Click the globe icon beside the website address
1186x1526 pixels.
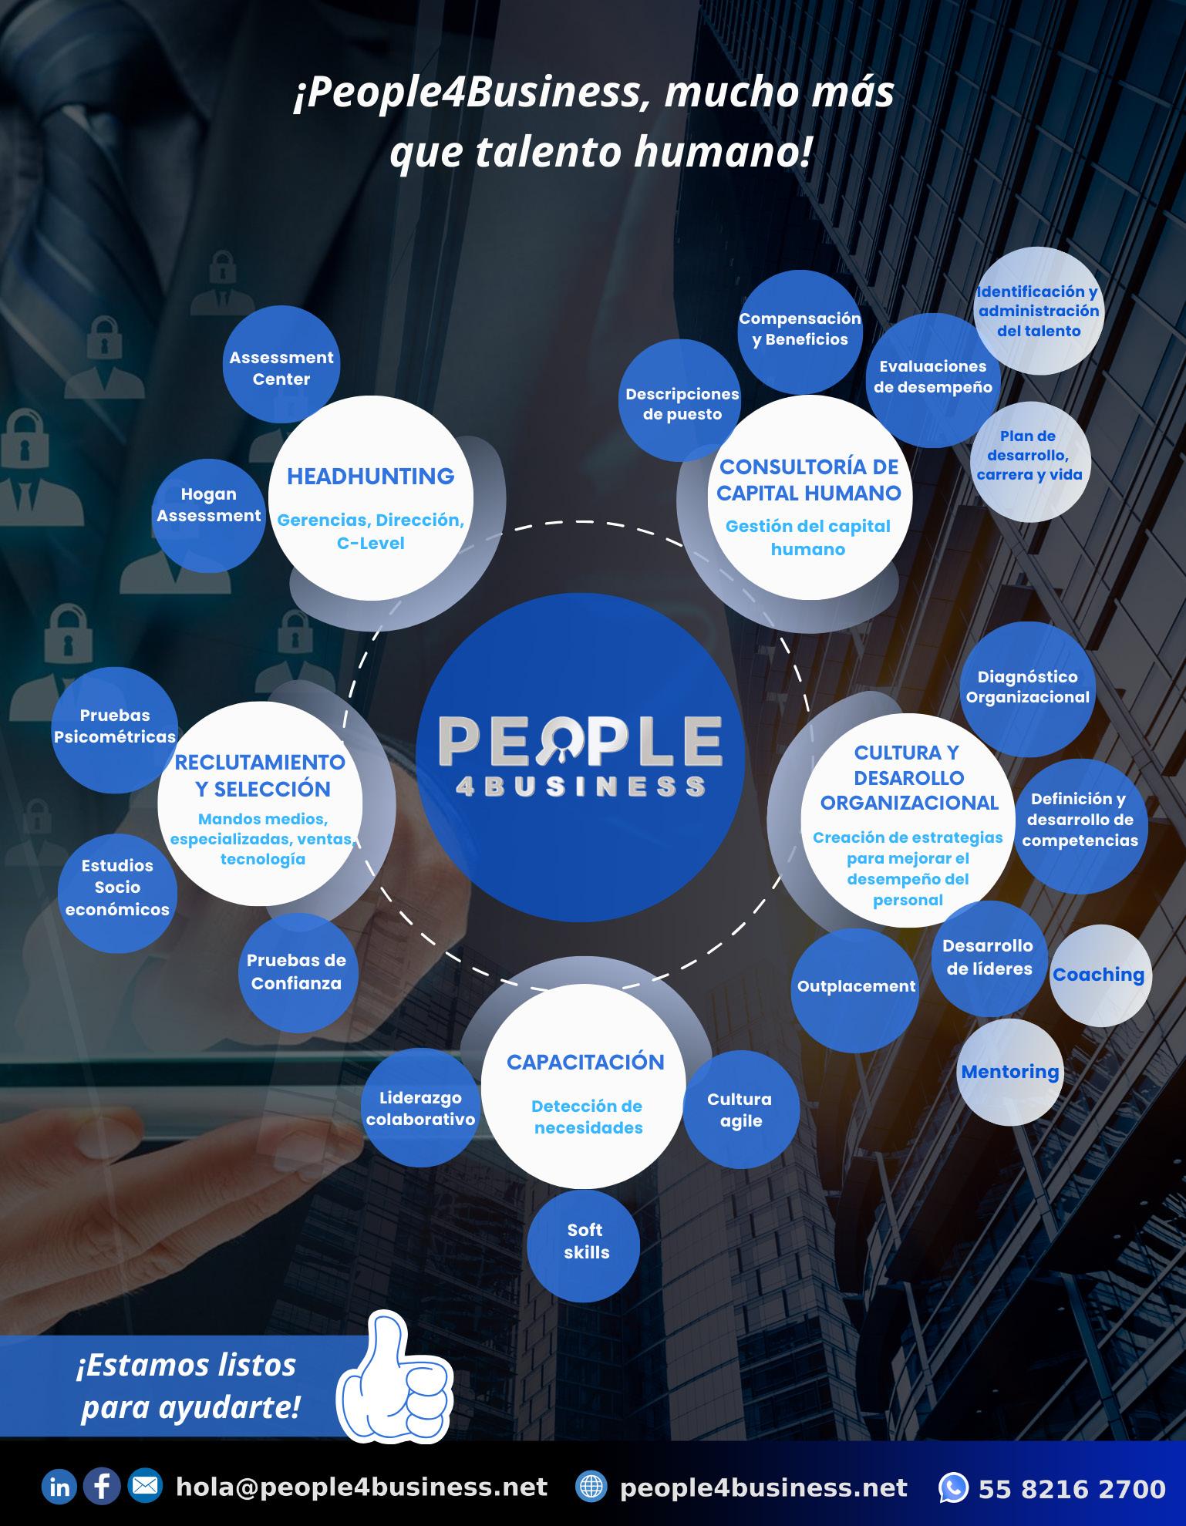tap(591, 1487)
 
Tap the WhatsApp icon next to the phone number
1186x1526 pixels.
tap(953, 1487)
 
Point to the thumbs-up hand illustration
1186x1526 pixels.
tap(394, 1388)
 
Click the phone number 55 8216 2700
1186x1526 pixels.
tap(1072, 1488)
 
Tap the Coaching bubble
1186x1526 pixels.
tap(1100, 975)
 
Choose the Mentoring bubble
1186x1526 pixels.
tap(1010, 1072)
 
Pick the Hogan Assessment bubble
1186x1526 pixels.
tap(208, 506)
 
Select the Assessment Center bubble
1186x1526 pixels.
tap(281, 368)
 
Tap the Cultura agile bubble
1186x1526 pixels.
tap(741, 1110)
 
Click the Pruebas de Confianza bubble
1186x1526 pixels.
tap(297, 972)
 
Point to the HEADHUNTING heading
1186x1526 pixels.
tap(371, 477)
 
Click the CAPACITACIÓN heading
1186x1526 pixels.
tap(585, 1062)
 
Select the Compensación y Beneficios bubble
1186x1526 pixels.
tap(800, 329)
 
